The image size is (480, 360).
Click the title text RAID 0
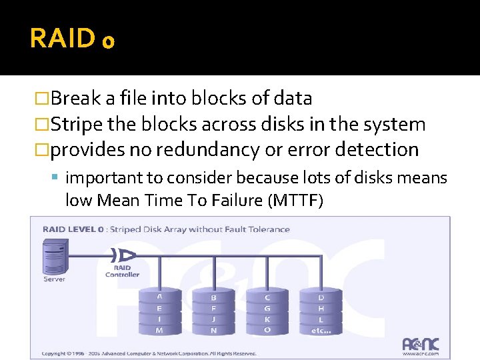point(72,39)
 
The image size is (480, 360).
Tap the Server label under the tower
point(54,279)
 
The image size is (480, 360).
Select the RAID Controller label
point(122,271)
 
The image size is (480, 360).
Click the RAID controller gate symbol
point(124,255)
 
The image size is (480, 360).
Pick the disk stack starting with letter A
point(159,312)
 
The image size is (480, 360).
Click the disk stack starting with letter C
point(267,312)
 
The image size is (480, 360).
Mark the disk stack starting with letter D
point(321,312)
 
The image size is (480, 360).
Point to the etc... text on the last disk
point(321,330)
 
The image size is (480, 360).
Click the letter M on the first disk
point(159,330)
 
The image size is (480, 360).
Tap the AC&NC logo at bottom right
point(421,345)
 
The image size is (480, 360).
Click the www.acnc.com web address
point(420,354)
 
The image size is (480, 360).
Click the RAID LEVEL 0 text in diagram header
point(73,229)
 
